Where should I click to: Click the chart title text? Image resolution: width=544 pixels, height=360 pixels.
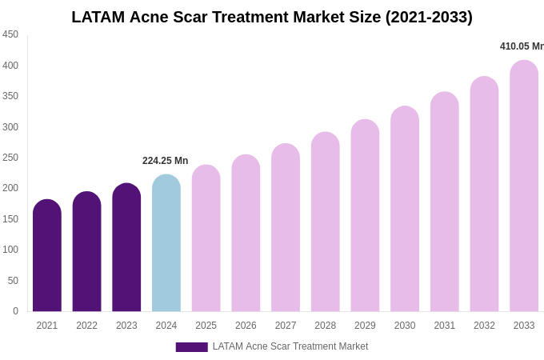pos(272,17)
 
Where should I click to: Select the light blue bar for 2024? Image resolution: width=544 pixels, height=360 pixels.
pos(166,243)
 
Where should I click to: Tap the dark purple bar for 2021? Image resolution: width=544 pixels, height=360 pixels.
pos(47,256)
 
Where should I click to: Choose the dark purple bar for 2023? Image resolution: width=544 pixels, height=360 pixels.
pos(126,248)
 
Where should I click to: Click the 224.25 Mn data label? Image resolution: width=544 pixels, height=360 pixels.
pos(165,161)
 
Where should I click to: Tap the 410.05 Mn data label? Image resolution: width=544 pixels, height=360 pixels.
pos(522,46)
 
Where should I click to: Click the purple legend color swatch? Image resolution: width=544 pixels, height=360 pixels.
pos(191,347)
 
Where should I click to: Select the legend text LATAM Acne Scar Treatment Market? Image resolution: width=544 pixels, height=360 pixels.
pos(290,346)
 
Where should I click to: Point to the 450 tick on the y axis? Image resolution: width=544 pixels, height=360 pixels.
pos(10,34)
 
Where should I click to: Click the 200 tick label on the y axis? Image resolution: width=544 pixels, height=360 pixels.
pos(10,188)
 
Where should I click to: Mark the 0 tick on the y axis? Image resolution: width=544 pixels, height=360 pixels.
pos(15,311)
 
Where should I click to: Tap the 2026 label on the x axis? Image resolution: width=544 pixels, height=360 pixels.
pos(246,326)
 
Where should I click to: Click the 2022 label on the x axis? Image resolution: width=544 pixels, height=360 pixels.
pos(86,326)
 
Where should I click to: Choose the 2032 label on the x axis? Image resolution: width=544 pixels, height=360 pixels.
pos(484,326)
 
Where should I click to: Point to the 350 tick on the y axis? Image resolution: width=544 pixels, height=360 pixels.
pos(10,96)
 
